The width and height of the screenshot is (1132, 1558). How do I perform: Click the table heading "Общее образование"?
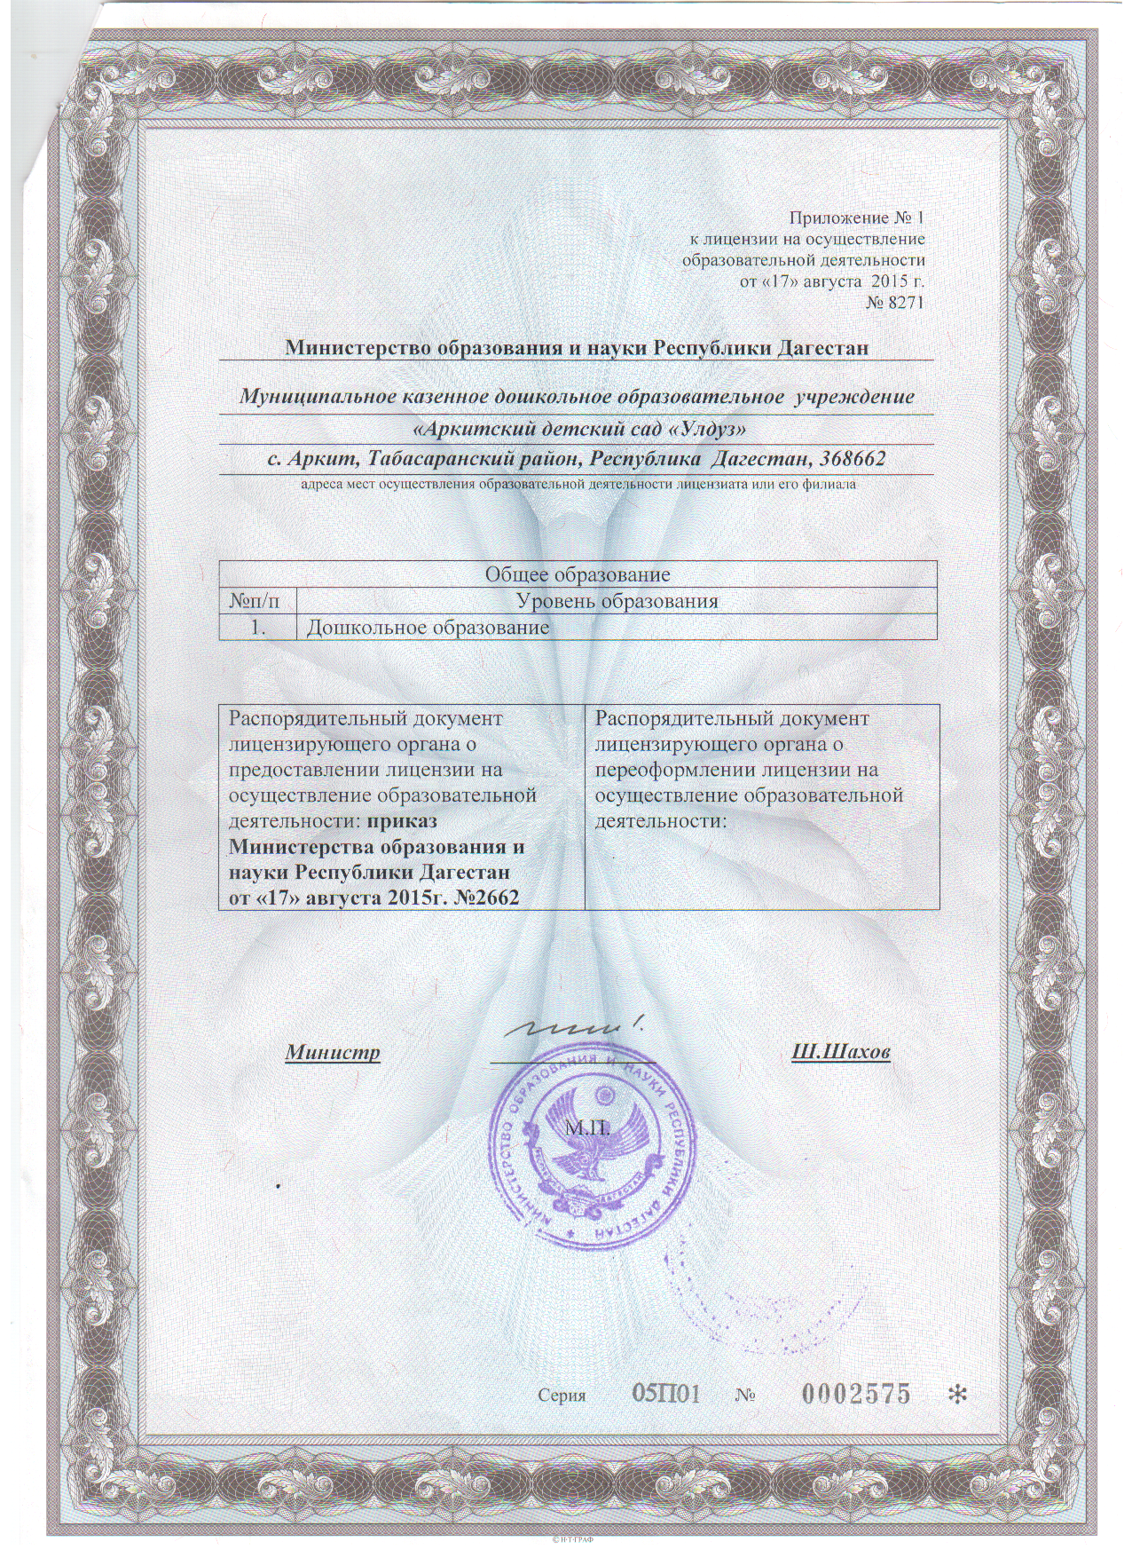pyautogui.click(x=577, y=574)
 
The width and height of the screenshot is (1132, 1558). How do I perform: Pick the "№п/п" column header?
pyautogui.click(x=256, y=601)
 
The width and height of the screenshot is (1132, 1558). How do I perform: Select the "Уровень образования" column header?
pyautogui.click(x=617, y=601)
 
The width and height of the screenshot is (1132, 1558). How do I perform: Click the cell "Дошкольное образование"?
pyautogui.click(x=428, y=628)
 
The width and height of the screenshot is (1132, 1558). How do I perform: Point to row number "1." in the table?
pyautogui.click(x=258, y=628)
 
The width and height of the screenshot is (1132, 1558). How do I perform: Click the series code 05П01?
pyautogui.click(x=666, y=1393)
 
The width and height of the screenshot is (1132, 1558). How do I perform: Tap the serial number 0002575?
pyautogui.click(x=856, y=1393)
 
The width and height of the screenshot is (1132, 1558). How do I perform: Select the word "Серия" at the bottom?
pyautogui.click(x=562, y=1396)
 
